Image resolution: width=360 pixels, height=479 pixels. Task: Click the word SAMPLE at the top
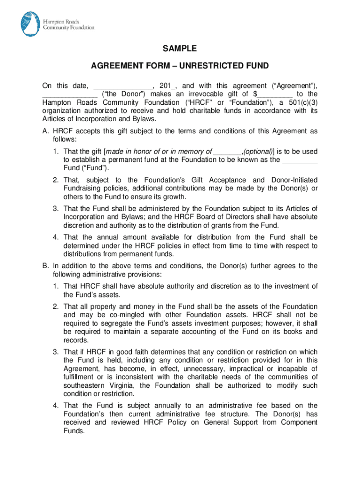pyautogui.click(x=180, y=49)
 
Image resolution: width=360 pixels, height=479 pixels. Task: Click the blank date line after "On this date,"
pyautogui.click(x=123, y=86)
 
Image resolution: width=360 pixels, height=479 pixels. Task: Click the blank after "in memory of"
pyautogui.click(x=227, y=152)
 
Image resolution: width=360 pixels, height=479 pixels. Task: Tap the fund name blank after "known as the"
pyautogui.click(x=300, y=160)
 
